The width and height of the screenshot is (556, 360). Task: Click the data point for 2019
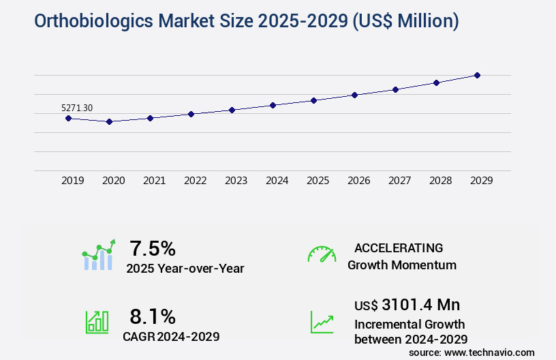point(68,118)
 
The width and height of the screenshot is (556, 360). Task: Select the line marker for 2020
point(109,121)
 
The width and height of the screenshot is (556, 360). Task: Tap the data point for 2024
point(273,105)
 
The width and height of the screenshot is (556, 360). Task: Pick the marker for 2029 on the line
point(477,75)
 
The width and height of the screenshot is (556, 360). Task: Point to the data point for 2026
point(354,95)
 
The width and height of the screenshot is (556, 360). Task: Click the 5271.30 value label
point(77,108)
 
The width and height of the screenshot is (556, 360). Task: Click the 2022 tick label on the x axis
point(195,181)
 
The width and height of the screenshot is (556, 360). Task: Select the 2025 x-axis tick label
point(318,181)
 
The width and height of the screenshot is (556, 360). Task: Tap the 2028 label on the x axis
point(440,181)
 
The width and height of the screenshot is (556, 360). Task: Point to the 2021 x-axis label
point(154,181)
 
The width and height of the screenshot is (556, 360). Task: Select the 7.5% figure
point(153,247)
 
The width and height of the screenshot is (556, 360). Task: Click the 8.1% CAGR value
point(153,316)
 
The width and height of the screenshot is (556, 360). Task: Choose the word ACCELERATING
point(399,247)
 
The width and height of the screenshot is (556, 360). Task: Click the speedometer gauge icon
point(322,254)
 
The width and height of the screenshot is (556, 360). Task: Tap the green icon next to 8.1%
point(97,321)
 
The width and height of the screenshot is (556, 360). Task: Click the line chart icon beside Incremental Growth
point(322,321)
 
